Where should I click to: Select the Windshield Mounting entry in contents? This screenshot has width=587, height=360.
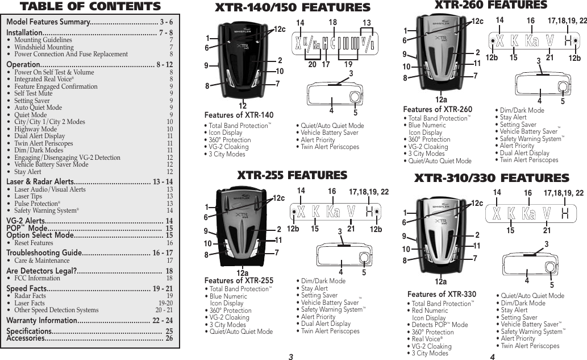[x=44, y=47]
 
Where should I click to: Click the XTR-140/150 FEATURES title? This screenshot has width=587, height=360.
[x=292, y=7]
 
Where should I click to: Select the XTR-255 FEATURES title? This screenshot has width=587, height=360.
[x=292, y=175]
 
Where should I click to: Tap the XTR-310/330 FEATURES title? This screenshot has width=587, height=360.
[x=492, y=178]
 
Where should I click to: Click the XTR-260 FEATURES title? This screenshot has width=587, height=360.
[x=490, y=6]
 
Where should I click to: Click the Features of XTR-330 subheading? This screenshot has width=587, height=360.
[x=442, y=294]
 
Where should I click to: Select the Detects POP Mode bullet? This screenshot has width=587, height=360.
[x=438, y=325]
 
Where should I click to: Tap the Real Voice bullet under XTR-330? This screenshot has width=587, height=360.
[x=426, y=339]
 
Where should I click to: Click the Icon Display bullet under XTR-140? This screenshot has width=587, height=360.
[x=224, y=133]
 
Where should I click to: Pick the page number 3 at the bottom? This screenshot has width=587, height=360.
[x=290, y=356]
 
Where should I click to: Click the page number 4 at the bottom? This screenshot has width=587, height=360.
[x=493, y=356]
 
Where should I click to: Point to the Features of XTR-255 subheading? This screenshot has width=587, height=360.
[x=239, y=280]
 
